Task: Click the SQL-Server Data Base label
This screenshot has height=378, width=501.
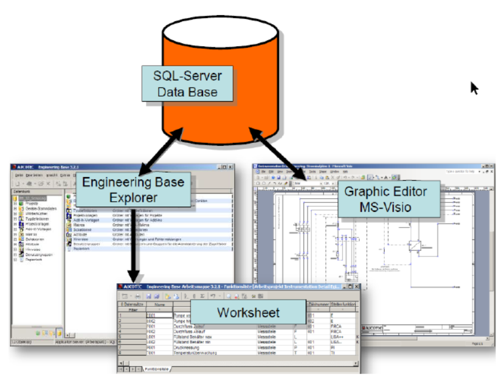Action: coord(187,84)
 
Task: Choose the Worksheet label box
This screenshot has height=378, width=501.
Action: coord(248,312)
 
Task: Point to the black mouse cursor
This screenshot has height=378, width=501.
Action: coord(474,88)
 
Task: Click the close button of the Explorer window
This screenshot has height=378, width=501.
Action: coord(230,167)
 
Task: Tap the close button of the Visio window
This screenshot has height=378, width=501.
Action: coord(489,165)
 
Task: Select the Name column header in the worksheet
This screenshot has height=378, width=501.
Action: coord(160,304)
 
